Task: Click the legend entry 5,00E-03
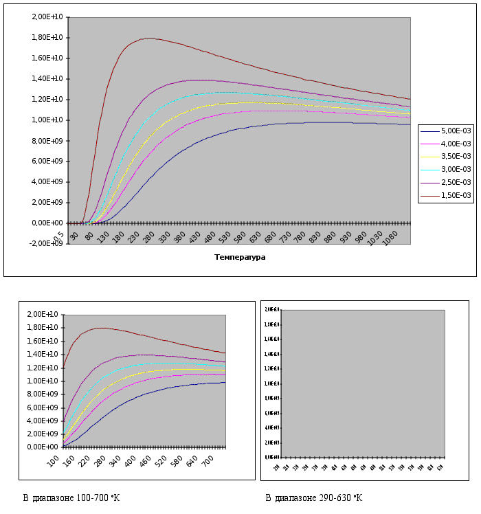click(455, 130)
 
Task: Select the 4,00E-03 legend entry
click(455, 143)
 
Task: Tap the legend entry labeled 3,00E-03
click(455, 169)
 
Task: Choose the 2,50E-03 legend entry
click(455, 182)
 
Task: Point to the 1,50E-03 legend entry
click(455, 195)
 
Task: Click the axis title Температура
click(240, 257)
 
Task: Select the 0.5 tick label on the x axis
click(60, 235)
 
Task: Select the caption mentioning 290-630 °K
click(313, 498)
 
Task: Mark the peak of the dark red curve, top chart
click(148, 38)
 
